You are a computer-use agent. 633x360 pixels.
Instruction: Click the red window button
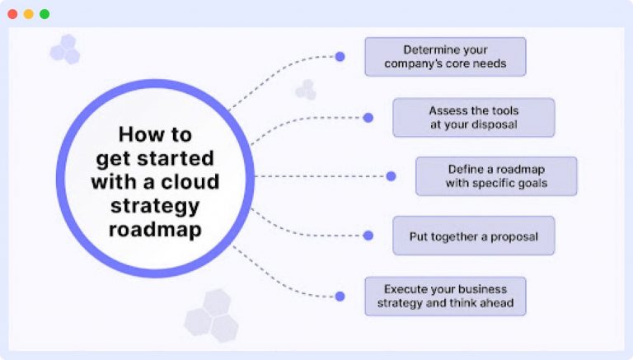[x=12, y=14]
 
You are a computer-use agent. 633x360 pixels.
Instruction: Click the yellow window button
[x=28, y=14]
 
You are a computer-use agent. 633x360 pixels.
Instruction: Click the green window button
[x=44, y=14]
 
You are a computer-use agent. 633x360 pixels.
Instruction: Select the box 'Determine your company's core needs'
[x=444, y=57]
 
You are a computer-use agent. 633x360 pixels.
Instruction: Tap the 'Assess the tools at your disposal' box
[x=473, y=117]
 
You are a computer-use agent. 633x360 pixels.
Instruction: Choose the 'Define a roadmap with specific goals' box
[x=496, y=176]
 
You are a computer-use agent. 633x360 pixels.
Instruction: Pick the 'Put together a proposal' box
[x=473, y=236]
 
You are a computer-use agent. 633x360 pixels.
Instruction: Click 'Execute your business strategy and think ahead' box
[x=444, y=296]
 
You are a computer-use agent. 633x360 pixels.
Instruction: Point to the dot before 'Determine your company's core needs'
[x=340, y=57]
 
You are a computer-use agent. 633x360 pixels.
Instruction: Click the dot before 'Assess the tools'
[x=368, y=118]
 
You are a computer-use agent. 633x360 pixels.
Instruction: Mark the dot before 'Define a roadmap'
[x=391, y=176]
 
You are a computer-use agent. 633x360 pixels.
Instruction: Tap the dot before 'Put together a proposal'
[x=368, y=236]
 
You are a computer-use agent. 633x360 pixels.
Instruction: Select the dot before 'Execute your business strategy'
[x=340, y=296]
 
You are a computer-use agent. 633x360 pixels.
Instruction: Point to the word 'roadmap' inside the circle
[x=155, y=229]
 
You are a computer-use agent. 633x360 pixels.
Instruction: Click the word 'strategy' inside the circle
[x=155, y=205]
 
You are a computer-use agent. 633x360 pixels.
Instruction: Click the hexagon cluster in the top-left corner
[x=65, y=49]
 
